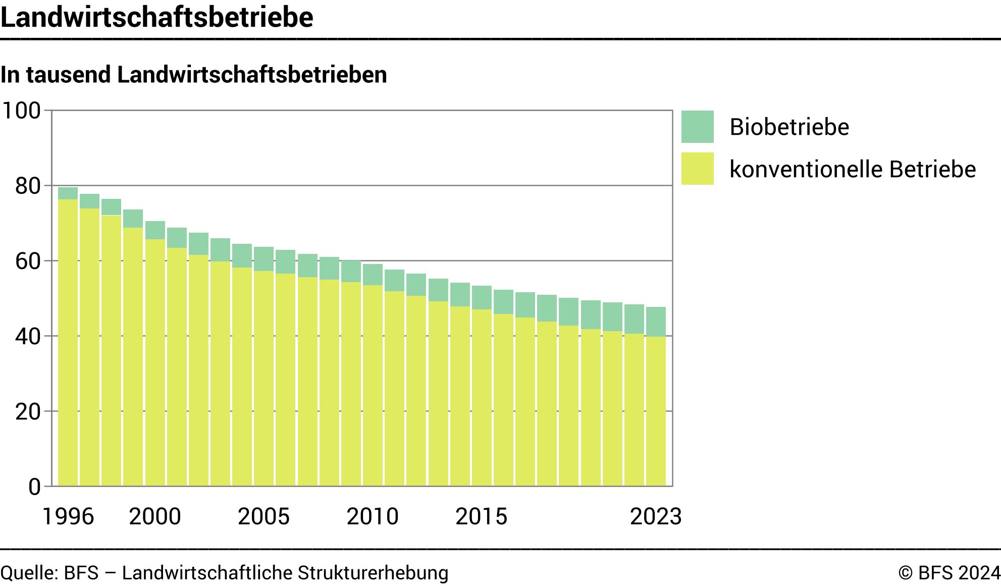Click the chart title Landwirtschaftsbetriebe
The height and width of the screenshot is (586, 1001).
156,17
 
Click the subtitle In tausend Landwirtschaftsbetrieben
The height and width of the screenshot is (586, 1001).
194,75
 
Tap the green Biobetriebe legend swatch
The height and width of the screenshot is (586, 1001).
697,127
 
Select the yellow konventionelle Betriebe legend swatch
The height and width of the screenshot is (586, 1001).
697,169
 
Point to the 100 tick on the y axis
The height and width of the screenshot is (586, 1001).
22,111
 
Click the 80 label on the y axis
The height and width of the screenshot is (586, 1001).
28,186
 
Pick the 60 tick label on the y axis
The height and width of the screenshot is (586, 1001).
28,261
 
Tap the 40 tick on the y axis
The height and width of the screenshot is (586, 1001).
28,337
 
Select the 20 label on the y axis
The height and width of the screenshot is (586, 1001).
28,412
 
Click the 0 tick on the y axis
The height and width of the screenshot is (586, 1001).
34,487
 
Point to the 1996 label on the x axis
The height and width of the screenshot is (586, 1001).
68,516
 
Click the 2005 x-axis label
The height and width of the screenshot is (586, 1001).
264,516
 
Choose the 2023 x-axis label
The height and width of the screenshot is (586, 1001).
656,516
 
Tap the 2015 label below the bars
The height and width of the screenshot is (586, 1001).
481,516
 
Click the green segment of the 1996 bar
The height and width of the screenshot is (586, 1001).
68,193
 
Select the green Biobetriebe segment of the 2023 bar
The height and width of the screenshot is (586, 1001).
656,322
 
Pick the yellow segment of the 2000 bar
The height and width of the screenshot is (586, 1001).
155,363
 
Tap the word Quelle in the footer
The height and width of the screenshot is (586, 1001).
28,573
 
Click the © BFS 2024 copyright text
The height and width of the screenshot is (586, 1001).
949,573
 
